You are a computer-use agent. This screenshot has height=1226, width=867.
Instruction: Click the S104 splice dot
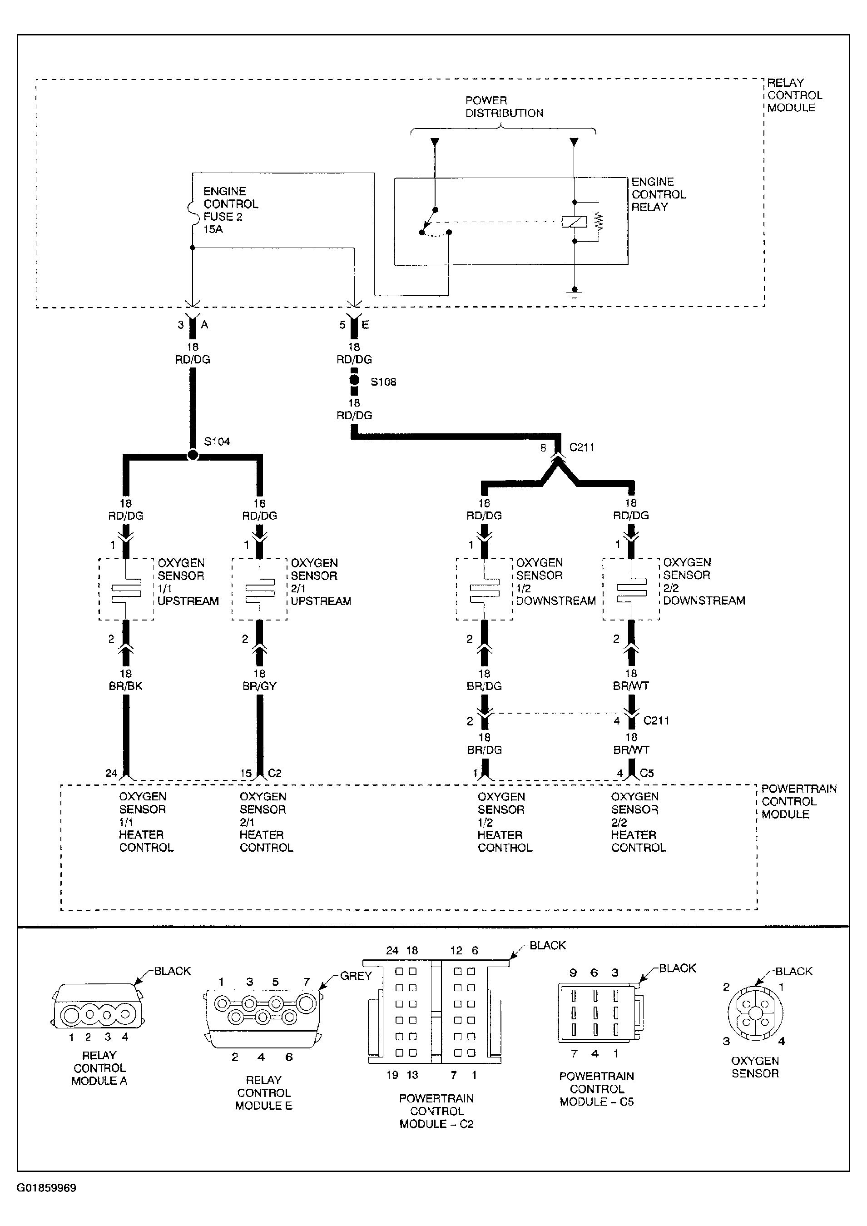click(x=193, y=455)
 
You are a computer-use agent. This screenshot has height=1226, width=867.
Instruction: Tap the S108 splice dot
click(x=354, y=381)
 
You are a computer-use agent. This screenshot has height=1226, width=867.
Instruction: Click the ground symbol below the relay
click(x=574, y=292)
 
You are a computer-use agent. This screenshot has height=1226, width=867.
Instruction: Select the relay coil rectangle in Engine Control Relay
click(x=574, y=221)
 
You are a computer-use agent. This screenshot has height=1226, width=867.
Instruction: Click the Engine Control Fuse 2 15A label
click(x=231, y=210)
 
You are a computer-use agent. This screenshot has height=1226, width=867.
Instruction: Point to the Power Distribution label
click(x=504, y=107)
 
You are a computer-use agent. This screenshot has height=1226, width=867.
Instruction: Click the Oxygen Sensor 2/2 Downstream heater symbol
click(x=631, y=590)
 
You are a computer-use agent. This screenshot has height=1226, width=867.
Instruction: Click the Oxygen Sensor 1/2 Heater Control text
click(x=505, y=822)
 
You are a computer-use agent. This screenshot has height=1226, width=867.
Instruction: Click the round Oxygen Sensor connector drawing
click(x=755, y=1013)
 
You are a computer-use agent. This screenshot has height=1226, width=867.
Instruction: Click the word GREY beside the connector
click(x=356, y=976)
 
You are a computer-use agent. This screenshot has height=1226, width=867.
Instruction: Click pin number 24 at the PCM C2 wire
click(x=111, y=773)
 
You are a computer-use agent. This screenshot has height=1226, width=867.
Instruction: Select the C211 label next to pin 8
click(x=582, y=447)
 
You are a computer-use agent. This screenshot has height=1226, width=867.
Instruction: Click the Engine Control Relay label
click(x=658, y=194)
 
